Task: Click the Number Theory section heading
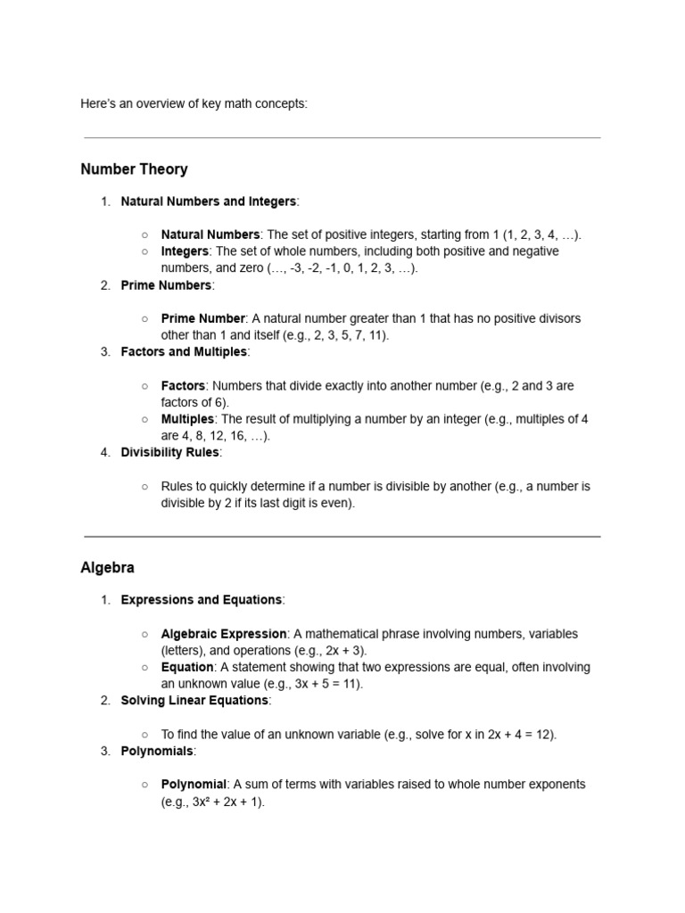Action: click(x=134, y=169)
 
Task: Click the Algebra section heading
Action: click(x=107, y=568)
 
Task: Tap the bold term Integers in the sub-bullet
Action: click(x=185, y=251)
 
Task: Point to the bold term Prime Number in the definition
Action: click(x=202, y=318)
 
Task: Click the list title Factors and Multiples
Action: click(x=184, y=352)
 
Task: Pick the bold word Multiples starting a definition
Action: click(x=187, y=419)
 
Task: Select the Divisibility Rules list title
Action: click(x=169, y=453)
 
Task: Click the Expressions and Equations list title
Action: click(x=201, y=600)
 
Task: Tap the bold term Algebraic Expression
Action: click(x=224, y=634)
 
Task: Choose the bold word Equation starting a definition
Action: click(x=187, y=667)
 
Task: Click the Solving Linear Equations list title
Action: click(x=194, y=701)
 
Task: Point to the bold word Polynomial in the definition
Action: click(x=194, y=785)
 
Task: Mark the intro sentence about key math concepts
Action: click(x=194, y=103)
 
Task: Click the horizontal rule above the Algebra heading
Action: click(x=342, y=537)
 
